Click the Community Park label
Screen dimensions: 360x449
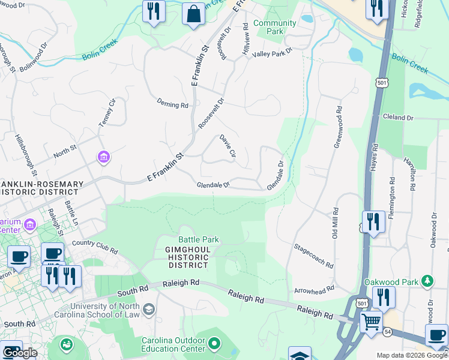274,27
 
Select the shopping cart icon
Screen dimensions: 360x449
371,322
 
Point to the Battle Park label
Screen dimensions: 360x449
198,240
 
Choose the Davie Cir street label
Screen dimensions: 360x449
227,146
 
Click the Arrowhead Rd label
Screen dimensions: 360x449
313,290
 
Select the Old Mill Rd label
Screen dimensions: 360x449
336,223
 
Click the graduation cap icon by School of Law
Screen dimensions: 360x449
149,309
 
